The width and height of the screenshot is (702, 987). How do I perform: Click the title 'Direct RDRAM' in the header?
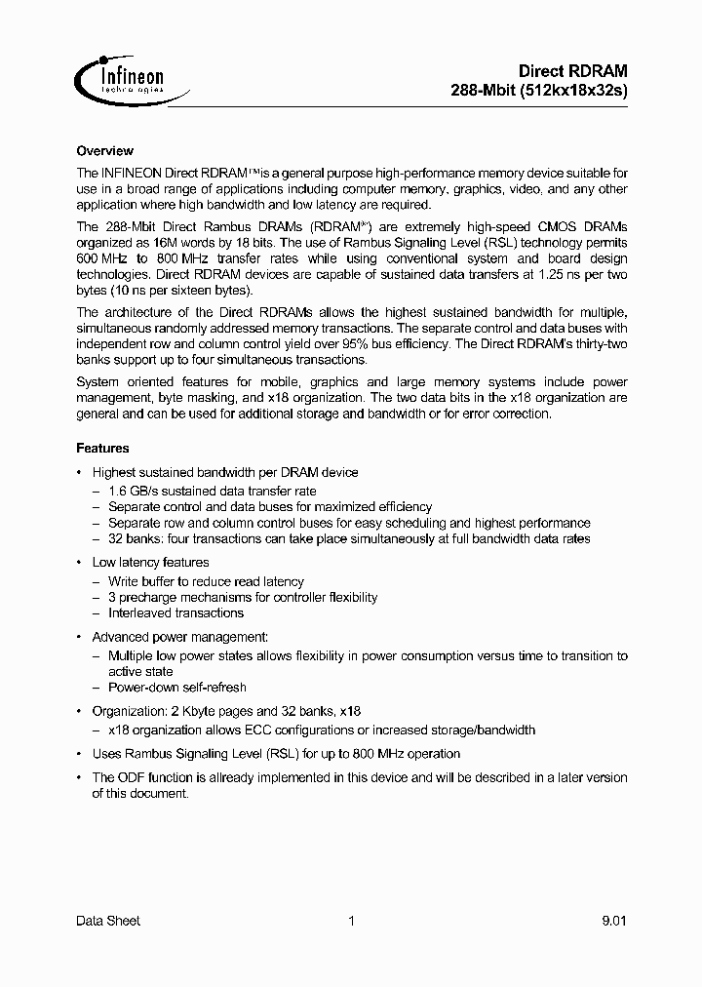point(572,71)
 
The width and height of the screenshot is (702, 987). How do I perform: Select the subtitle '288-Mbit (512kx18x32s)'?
point(539,90)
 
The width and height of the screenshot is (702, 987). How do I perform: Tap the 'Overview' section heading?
point(104,151)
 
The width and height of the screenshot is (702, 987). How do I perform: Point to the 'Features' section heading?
point(102,449)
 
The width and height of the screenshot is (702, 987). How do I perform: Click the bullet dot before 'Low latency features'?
point(79,563)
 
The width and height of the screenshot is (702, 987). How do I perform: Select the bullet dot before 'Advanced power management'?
point(79,637)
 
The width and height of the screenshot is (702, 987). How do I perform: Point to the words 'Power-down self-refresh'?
point(177,688)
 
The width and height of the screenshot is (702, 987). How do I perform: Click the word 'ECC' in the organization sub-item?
point(249,730)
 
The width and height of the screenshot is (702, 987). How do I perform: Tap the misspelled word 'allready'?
point(236,778)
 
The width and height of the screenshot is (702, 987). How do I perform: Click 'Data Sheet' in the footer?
point(108,921)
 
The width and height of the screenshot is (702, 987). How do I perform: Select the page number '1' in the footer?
point(351,921)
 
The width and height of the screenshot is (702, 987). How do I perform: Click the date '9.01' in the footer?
point(614,921)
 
